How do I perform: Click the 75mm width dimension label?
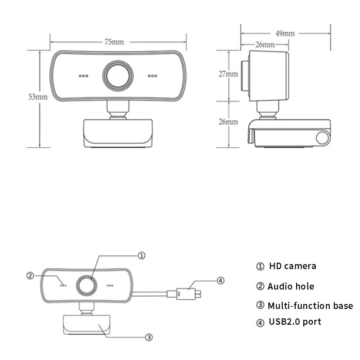click(x=114, y=42)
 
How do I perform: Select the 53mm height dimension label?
click(x=38, y=97)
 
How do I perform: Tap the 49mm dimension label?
click(x=285, y=33)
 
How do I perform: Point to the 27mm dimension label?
click(x=229, y=74)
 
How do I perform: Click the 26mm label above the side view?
click(x=265, y=45)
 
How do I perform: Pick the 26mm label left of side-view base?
click(x=229, y=121)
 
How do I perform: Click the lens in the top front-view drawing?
click(x=118, y=75)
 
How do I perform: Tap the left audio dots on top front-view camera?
click(x=83, y=76)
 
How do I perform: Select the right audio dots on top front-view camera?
click(x=153, y=76)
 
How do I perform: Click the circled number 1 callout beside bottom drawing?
click(x=142, y=255)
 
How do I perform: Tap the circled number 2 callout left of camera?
click(x=30, y=276)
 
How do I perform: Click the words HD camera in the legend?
click(x=292, y=266)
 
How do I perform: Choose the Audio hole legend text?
click(x=291, y=286)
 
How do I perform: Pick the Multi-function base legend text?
click(x=310, y=306)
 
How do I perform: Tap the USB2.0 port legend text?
click(x=295, y=322)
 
